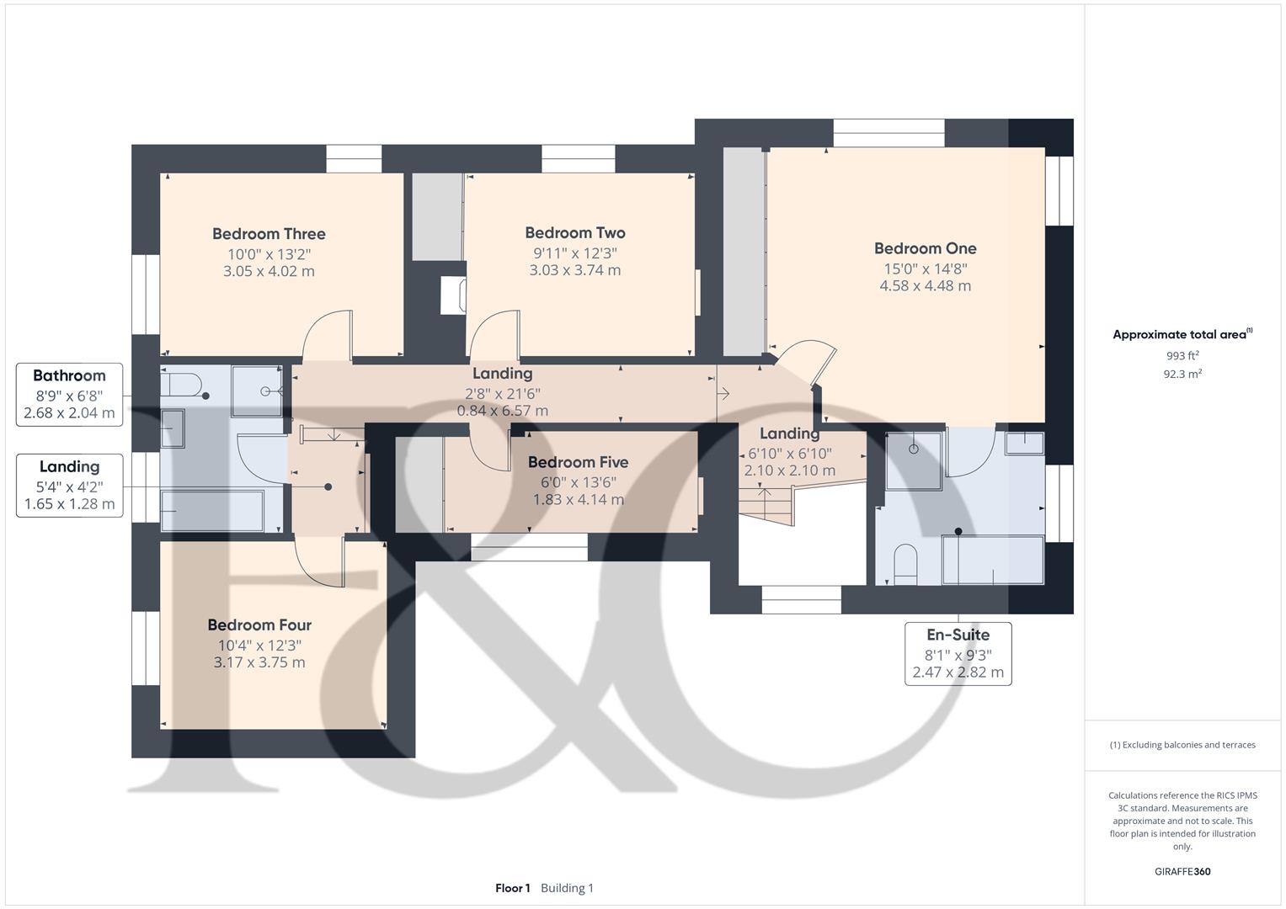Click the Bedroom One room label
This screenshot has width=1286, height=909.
925,248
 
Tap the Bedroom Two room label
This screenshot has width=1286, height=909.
575,233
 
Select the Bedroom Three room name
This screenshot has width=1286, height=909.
269,234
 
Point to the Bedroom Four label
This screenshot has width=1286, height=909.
259,625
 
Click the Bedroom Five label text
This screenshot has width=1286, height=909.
578,462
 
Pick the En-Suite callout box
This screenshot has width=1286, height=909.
958,653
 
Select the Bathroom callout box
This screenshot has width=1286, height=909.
70,395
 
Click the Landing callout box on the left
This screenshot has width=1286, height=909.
70,486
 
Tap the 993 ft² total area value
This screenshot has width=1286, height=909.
1182,356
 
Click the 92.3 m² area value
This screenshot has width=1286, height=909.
1182,375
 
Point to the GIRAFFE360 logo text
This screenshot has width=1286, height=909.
1182,871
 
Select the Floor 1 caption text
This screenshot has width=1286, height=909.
513,888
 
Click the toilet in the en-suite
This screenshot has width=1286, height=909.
904,564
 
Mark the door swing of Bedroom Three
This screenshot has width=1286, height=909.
325,334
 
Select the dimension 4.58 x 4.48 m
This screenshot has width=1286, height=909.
925,286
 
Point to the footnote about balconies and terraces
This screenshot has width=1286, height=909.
1182,745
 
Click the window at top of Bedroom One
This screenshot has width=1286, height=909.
888,133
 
